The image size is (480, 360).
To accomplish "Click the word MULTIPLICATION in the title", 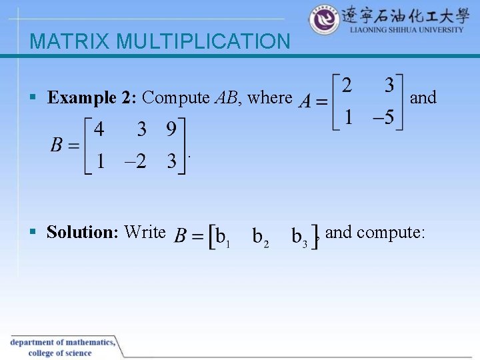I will tap(203, 42).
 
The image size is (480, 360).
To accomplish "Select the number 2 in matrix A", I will tap(347, 86).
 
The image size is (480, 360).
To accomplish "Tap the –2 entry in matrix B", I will tap(133, 162).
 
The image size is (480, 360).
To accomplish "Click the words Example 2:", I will tap(92, 98).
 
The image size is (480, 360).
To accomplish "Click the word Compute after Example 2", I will tap(175, 98).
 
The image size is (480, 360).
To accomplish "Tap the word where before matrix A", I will tap(269, 98).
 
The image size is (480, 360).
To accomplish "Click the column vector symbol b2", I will tap(261, 236).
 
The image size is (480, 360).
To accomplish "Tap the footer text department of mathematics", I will tap(63, 343).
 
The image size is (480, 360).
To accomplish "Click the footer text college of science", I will tap(60, 353).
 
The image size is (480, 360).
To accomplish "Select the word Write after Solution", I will tap(145, 232).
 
